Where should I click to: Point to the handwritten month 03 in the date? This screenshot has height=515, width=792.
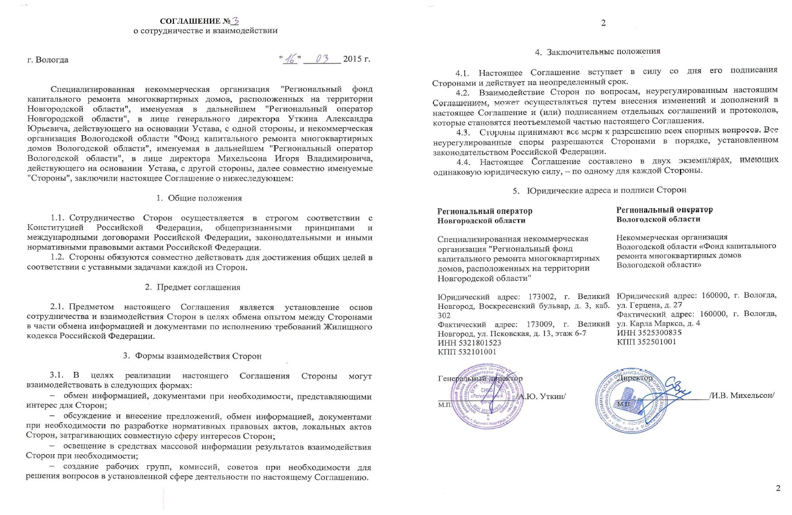coord(322,59)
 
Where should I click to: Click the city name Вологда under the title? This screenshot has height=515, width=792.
coord(52,60)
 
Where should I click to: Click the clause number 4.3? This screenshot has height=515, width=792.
coord(463,132)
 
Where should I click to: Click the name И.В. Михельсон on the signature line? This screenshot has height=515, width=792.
coord(742,395)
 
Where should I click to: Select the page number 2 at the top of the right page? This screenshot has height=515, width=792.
coord(604,23)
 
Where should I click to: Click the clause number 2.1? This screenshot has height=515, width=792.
coord(58,307)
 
